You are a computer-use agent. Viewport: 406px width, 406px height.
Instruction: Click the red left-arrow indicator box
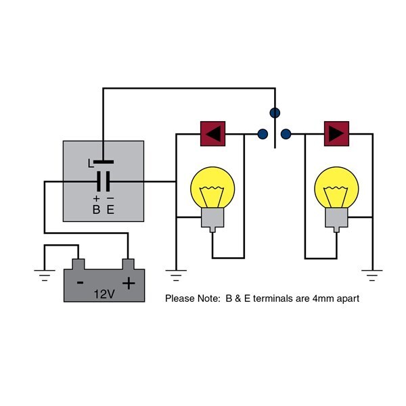213,133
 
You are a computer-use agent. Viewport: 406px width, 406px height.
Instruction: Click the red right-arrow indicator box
336,133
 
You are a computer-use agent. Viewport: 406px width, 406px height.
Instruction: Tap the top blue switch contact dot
275,113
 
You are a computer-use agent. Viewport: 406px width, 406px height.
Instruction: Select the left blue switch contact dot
263,134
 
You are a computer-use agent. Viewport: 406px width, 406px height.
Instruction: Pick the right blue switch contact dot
286,134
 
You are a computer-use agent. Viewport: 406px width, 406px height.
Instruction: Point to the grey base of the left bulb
212,219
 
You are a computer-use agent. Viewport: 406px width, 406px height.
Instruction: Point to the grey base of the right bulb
336,219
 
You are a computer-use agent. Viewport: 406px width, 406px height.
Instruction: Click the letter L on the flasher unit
91,163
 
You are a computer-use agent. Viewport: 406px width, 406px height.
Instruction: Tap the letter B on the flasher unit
96,210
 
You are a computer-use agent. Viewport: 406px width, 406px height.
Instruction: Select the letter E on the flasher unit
110,210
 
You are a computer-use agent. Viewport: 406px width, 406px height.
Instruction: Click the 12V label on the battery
104,294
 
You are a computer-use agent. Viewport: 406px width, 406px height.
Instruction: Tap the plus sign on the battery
129,283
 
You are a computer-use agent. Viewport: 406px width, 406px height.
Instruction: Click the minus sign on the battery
81,282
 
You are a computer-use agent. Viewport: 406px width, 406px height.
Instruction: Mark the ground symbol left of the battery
45,275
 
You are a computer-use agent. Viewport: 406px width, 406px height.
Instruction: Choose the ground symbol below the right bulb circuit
372,275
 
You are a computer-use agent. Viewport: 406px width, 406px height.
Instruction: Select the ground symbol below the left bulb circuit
176,275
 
